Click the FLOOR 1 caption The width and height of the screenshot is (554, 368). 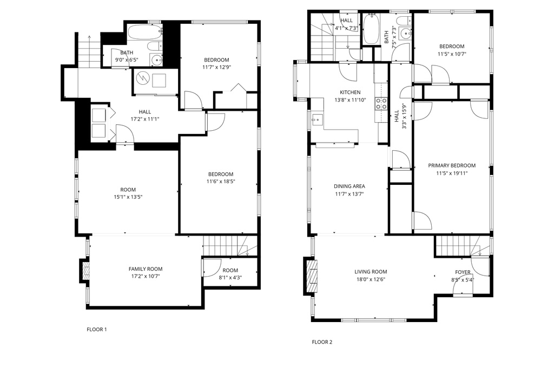click(96, 330)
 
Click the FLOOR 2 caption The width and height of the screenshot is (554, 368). click(322, 342)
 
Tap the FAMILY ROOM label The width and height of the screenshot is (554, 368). click(146, 269)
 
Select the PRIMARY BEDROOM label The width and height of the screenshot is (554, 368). click(452, 165)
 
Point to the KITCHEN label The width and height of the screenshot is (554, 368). click(350, 92)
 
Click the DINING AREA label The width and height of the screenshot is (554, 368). click(349, 186)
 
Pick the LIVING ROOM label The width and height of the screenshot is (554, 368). click(371, 272)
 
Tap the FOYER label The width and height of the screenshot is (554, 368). click(463, 272)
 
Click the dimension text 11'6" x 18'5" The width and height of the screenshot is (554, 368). click(221, 182)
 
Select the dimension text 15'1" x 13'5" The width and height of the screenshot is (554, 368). click(128, 197)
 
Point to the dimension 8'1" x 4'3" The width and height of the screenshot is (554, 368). click(230, 278)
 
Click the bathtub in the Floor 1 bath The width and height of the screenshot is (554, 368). click(145, 32)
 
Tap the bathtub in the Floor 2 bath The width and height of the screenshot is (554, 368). click(371, 29)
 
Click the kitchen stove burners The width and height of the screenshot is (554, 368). click(381, 103)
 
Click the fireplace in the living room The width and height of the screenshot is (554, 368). click(311, 277)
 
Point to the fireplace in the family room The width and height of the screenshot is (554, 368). click(85, 271)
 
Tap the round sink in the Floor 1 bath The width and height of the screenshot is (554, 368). click(156, 61)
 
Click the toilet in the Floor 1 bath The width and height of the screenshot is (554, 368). click(154, 46)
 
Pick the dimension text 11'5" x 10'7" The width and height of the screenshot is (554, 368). click(452, 55)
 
